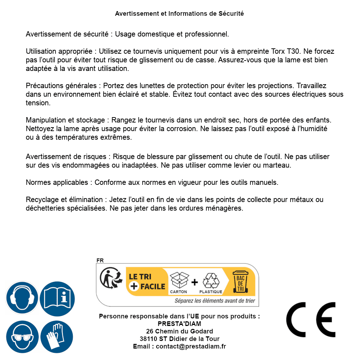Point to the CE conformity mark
point(311,317)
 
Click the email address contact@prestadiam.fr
point(191,346)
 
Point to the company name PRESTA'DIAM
point(179,324)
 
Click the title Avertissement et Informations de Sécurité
point(179,14)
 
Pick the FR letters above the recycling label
point(100,261)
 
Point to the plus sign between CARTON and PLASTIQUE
point(195,282)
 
